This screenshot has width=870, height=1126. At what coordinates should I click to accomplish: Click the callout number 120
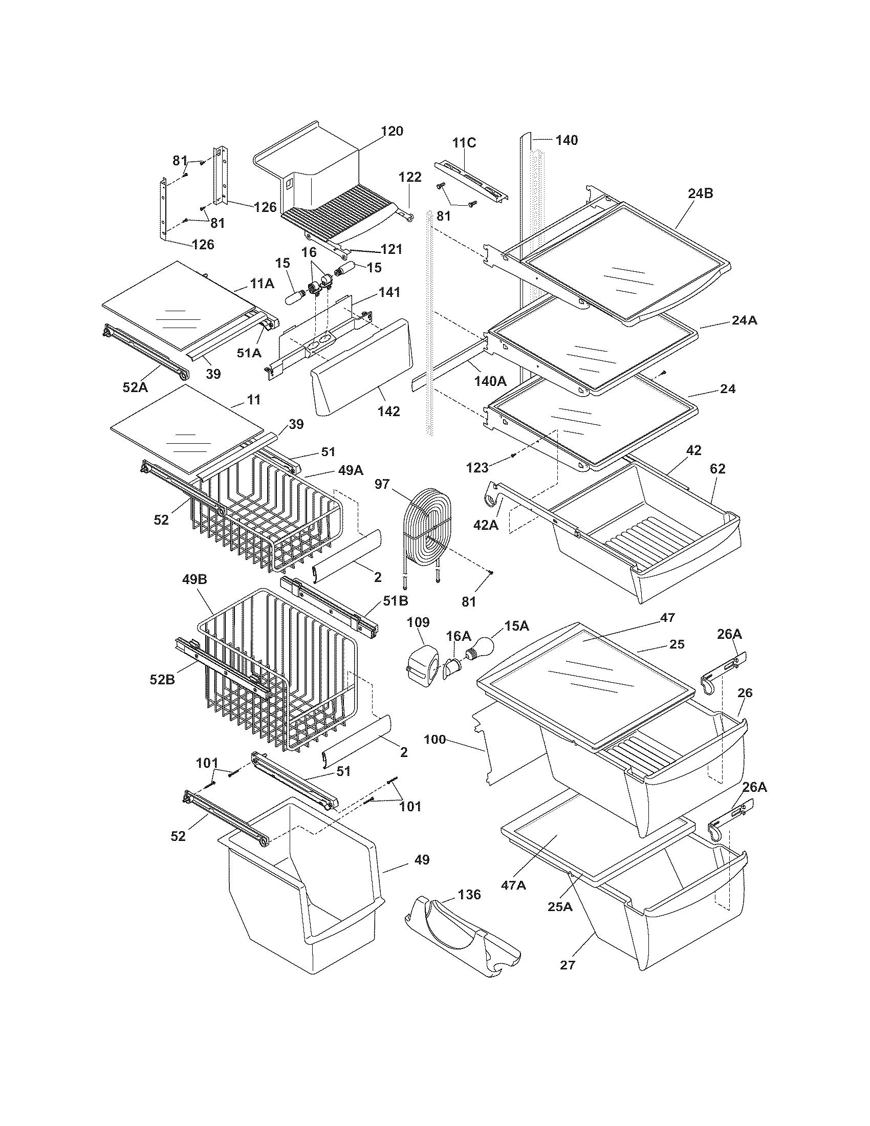[392, 131]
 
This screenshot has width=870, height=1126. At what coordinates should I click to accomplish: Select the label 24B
[700, 193]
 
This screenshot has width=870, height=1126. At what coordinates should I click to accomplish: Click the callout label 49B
[194, 579]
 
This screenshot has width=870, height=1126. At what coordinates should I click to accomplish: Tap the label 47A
[513, 885]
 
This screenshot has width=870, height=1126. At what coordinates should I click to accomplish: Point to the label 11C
[464, 143]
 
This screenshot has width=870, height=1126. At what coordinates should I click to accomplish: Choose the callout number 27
[567, 965]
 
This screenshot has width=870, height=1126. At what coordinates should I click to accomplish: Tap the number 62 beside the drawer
[717, 469]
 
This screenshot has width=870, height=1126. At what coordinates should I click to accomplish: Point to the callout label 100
[434, 740]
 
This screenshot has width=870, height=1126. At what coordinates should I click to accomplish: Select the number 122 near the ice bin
[410, 177]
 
